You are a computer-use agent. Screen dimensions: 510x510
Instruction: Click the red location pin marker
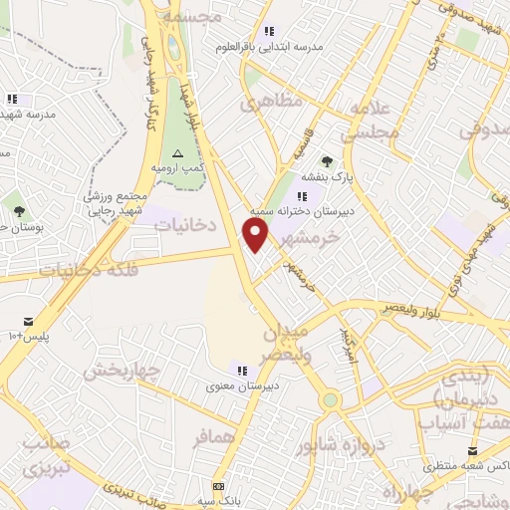pyautogui.click(x=256, y=235)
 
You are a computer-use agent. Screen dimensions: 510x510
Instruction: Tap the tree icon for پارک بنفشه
pyautogui.click(x=327, y=159)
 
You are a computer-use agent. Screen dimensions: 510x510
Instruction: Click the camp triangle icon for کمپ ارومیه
pyautogui.click(x=177, y=152)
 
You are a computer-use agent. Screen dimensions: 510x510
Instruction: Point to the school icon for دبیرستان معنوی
pyautogui.click(x=241, y=371)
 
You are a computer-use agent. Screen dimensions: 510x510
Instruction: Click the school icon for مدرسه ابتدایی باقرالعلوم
pyautogui.click(x=268, y=31)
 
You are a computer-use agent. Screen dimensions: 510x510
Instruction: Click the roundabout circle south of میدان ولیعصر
pyautogui.click(x=330, y=400)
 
